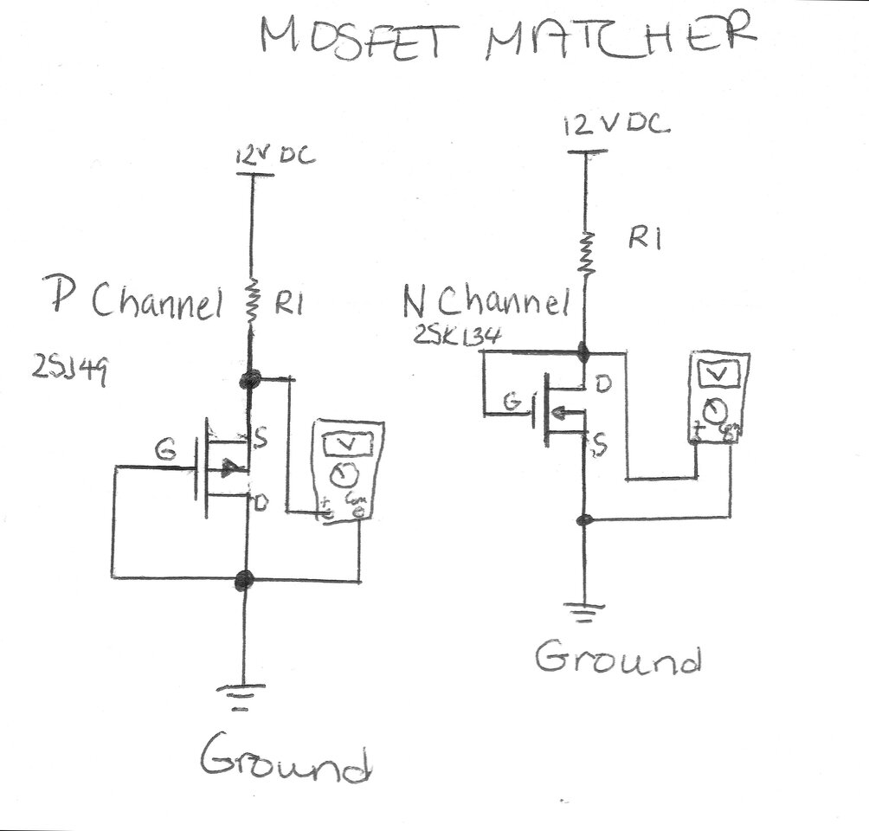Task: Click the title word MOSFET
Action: [x=364, y=39]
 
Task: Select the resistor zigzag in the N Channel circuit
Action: [x=587, y=252]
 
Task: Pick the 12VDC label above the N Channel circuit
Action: [x=615, y=125]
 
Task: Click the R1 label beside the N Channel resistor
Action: [x=645, y=240]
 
